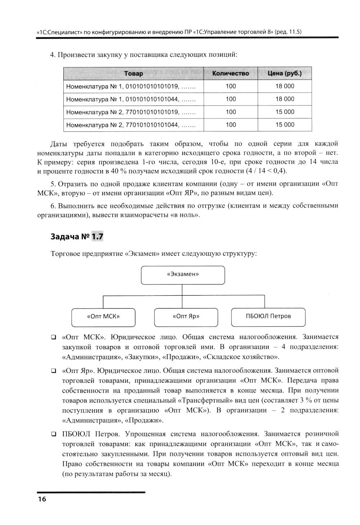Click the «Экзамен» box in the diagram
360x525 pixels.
[183, 275]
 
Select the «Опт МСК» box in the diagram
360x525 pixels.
[103, 317]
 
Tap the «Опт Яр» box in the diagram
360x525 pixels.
[186, 317]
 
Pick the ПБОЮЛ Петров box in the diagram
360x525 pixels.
[268, 317]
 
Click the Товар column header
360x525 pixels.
[134, 73]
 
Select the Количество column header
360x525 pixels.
[230, 73]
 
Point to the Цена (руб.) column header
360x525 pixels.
[284, 73]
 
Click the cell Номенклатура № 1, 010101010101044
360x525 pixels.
[130, 99]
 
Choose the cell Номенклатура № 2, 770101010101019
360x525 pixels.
[130, 112]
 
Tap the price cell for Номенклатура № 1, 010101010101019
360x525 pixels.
[285, 86]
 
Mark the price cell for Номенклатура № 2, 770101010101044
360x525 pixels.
[285, 125]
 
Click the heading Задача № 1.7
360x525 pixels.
[77, 237]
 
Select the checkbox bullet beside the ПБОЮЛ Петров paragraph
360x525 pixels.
[53, 434]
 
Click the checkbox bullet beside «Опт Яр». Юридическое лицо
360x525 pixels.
[53, 371]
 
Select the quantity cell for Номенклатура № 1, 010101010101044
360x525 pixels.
[230, 99]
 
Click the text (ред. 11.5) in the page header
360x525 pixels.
[288, 32]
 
